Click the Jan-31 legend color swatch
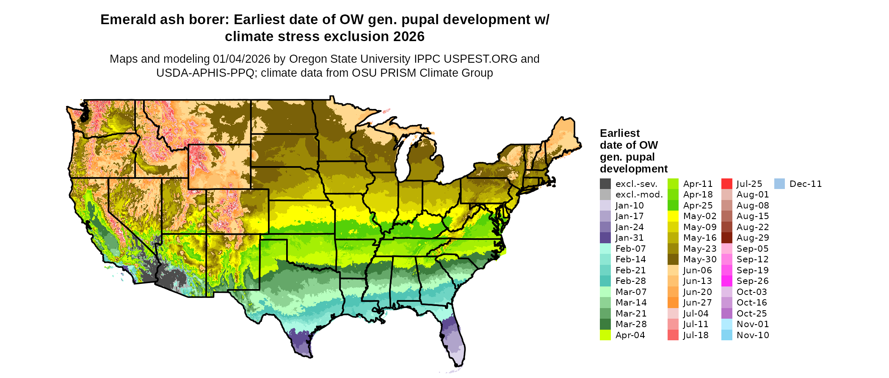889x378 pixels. (x=605, y=238)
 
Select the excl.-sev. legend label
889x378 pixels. (x=636, y=184)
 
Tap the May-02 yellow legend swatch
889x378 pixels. (x=673, y=216)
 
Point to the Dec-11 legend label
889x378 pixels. (x=806, y=184)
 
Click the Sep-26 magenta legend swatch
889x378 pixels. (x=726, y=281)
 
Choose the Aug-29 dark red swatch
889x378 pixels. (x=726, y=238)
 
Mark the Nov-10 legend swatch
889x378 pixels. (x=726, y=335)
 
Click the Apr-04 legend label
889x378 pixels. (x=630, y=335)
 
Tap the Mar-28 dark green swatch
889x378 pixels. (x=605, y=324)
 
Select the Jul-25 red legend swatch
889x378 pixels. (x=726, y=184)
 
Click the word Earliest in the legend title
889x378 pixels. (x=619, y=133)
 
